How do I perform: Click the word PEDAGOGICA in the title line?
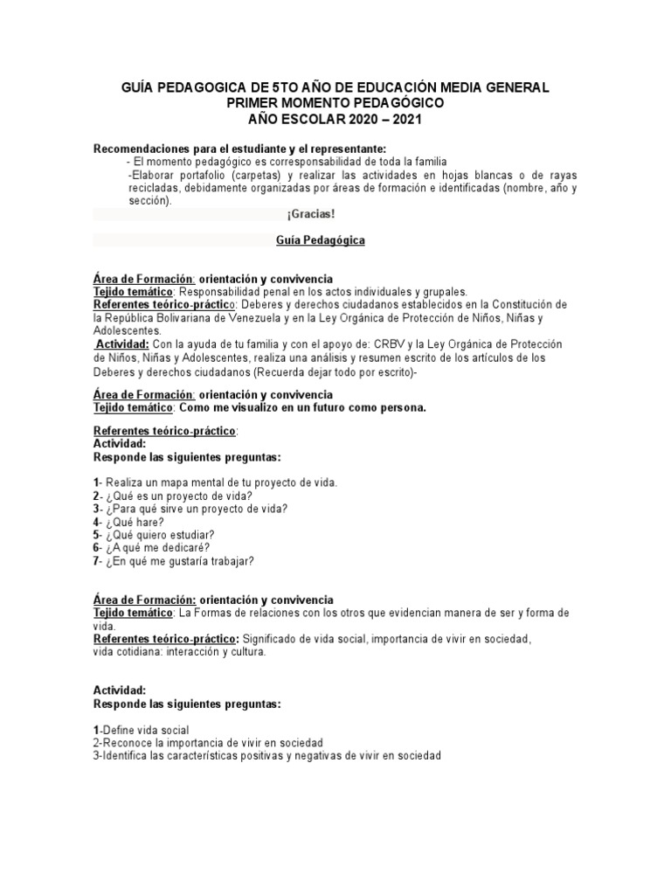coord(196,88)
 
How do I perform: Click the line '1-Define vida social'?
coord(141,730)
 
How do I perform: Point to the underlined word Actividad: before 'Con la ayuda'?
coord(122,343)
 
